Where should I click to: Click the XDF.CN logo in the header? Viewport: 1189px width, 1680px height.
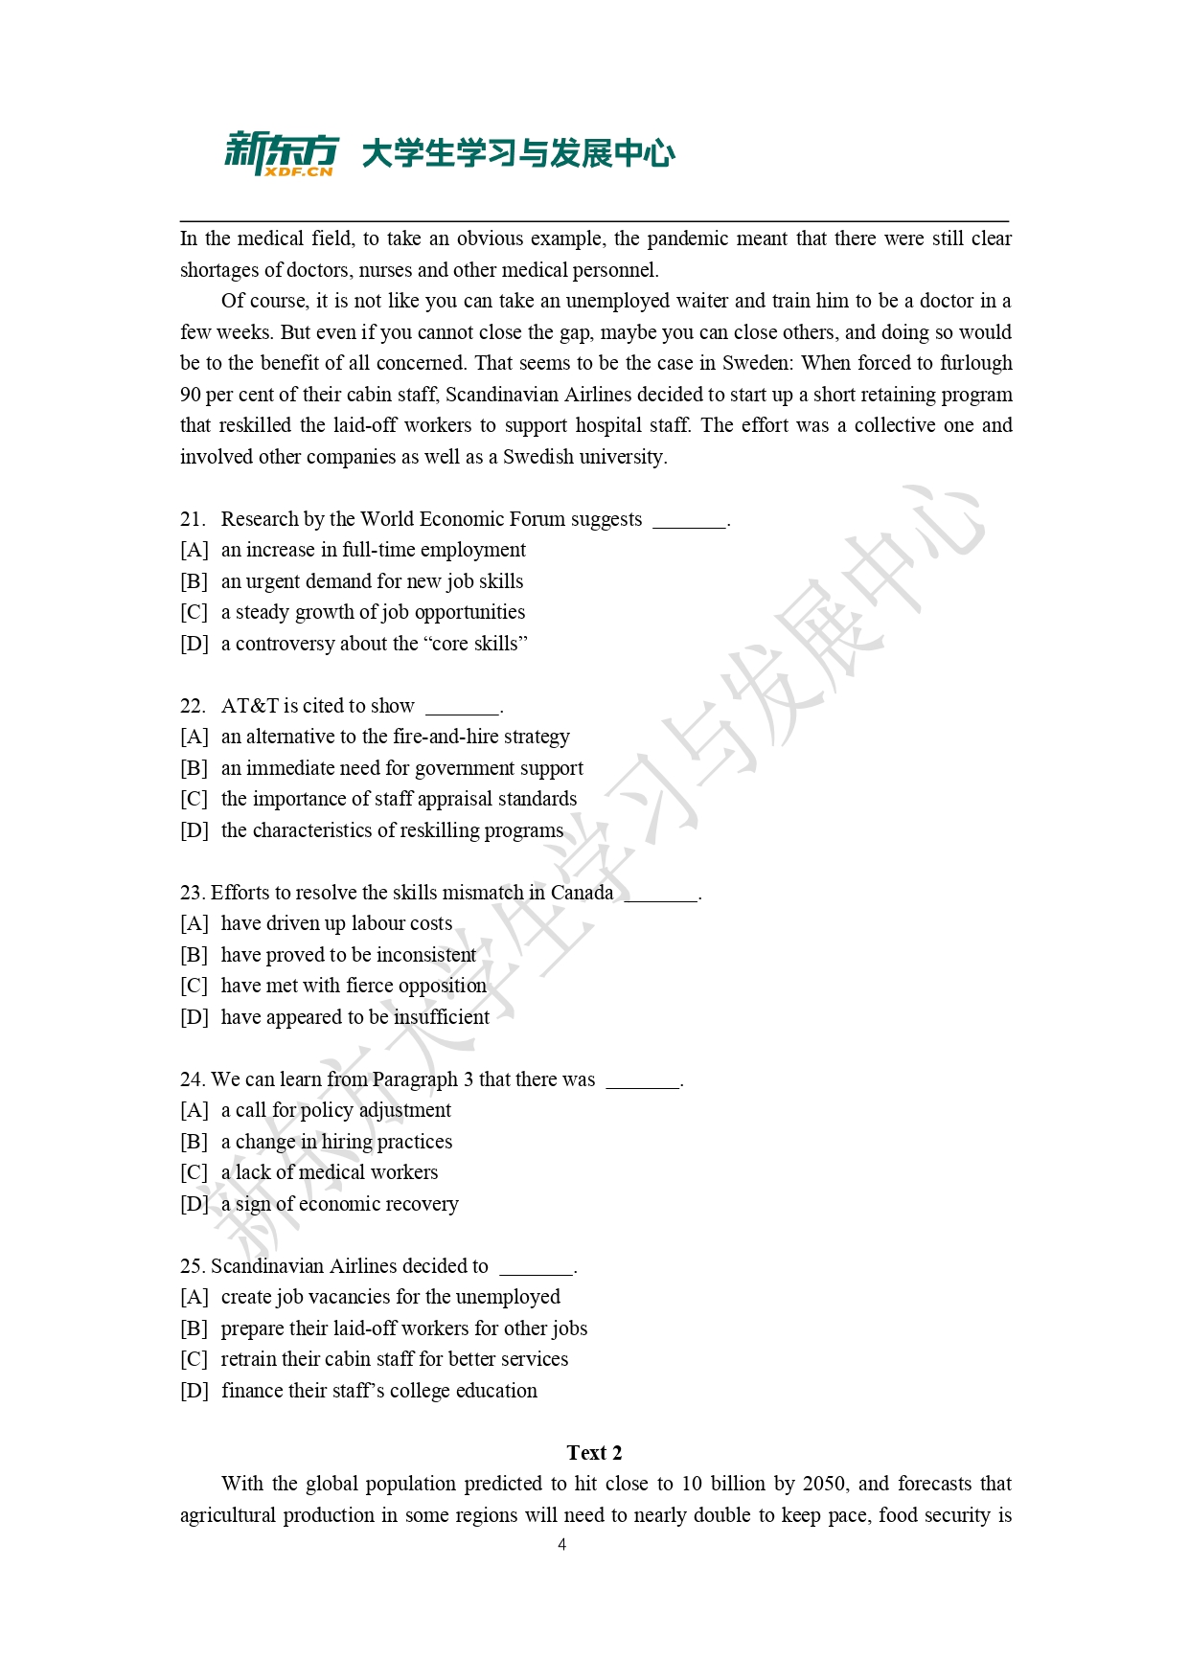(282, 153)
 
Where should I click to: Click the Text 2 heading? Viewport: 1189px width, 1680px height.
(594, 1453)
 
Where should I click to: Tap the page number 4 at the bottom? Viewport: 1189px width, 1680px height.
(562, 1544)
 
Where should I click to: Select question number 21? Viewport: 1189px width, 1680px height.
(192, 519)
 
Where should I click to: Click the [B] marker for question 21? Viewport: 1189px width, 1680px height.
(194, 581)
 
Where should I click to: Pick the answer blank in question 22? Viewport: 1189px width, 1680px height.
(463, 709)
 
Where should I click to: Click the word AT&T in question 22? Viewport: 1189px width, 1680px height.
(249, 706)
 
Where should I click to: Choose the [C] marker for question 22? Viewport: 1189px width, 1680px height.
(194, 799)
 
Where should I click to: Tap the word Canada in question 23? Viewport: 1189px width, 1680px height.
(582, 893)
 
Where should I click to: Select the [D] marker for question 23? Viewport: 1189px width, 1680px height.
(194, 1017)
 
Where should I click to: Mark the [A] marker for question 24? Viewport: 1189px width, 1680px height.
(194, 1110)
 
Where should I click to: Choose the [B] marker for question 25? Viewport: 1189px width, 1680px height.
(194, 1328)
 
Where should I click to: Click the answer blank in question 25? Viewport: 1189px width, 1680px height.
(537, 1269)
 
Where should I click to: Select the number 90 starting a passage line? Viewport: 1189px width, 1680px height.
(191, 395)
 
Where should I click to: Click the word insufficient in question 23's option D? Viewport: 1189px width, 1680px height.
(442, 1017)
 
